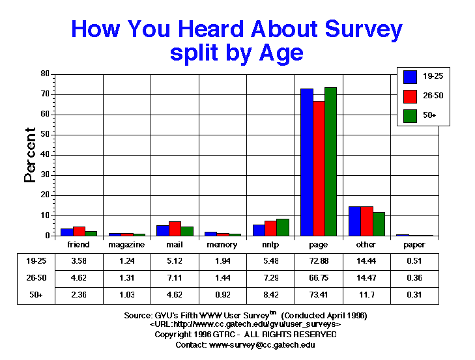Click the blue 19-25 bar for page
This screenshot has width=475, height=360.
click(x=306, y=162)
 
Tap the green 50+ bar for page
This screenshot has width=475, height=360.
click(x=330, y=161)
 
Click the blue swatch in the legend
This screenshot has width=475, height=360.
click(x=410, y=77)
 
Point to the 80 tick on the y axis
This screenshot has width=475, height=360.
click(x=44, y=74)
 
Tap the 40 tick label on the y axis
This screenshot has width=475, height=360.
click(x=44, y=155)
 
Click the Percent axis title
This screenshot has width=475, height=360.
click(x=30, y=154)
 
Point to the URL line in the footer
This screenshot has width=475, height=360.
click(x=246, y=324)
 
